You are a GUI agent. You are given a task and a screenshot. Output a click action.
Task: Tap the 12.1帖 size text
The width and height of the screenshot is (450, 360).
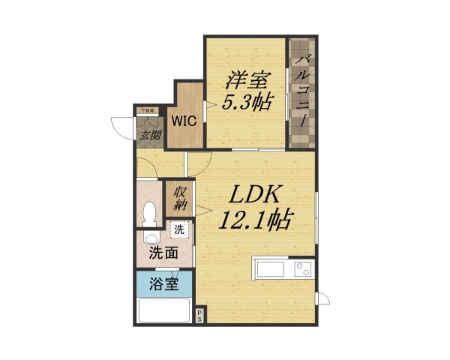(255, 221)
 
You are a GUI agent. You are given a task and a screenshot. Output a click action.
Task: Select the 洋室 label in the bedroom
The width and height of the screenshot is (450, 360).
(246, 79)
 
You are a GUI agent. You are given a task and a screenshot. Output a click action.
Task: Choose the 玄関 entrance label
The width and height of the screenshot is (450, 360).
(151, 136)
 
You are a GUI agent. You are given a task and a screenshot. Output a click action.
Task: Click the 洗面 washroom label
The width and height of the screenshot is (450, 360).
(163, 253)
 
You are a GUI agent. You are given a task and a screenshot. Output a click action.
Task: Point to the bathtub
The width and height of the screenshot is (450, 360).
(163, 311)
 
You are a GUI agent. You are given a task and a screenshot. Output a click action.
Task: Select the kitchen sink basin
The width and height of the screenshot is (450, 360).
(273, 269)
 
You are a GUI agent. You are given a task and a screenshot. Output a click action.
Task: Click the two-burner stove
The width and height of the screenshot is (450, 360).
(303, 268)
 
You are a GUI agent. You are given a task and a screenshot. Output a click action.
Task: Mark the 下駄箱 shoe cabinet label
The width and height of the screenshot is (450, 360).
(147, 111)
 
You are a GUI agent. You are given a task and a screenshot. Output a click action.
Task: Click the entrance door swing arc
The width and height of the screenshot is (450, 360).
(121, 127)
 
